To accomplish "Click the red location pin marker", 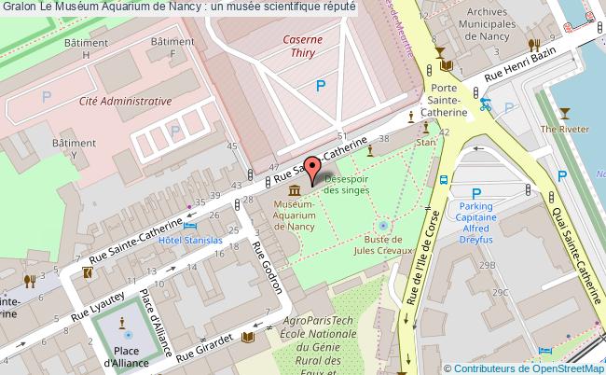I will click(x=313, y=170).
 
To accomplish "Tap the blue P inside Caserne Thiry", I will click(x=321, y=86).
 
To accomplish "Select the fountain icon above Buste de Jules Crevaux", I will click(x=382, y=226).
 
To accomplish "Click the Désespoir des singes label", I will click(x=346, y=184).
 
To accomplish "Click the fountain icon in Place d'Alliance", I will click(x=128, y=334).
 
